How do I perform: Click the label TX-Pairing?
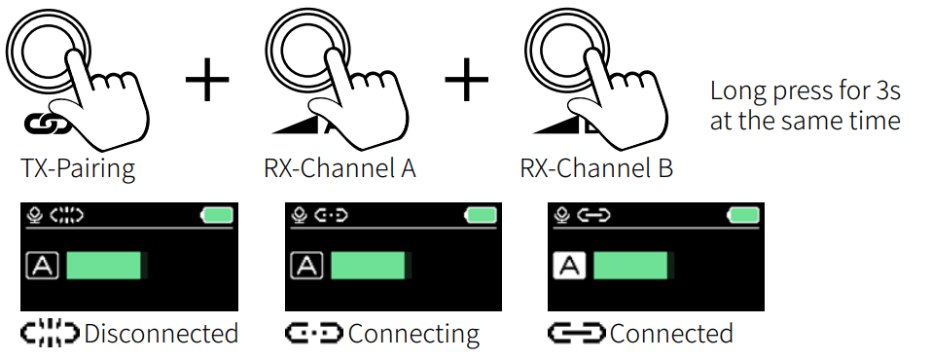tap(78, 168)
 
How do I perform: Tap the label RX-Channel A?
tap(340, 168)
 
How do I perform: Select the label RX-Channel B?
tap(596, 168)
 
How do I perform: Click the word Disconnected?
tap(161, 334)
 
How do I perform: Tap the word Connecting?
tap(413, 334)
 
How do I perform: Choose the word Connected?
tap(671, 334)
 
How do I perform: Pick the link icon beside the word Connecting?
tap(314, 334)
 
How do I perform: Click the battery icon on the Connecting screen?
tap(480, 215)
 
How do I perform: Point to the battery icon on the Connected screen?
tap(744, 215)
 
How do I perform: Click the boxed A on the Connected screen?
tap(569, 265)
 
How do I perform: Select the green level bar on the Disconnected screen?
tap(104, 266)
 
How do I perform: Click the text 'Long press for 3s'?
tap(805, 93)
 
